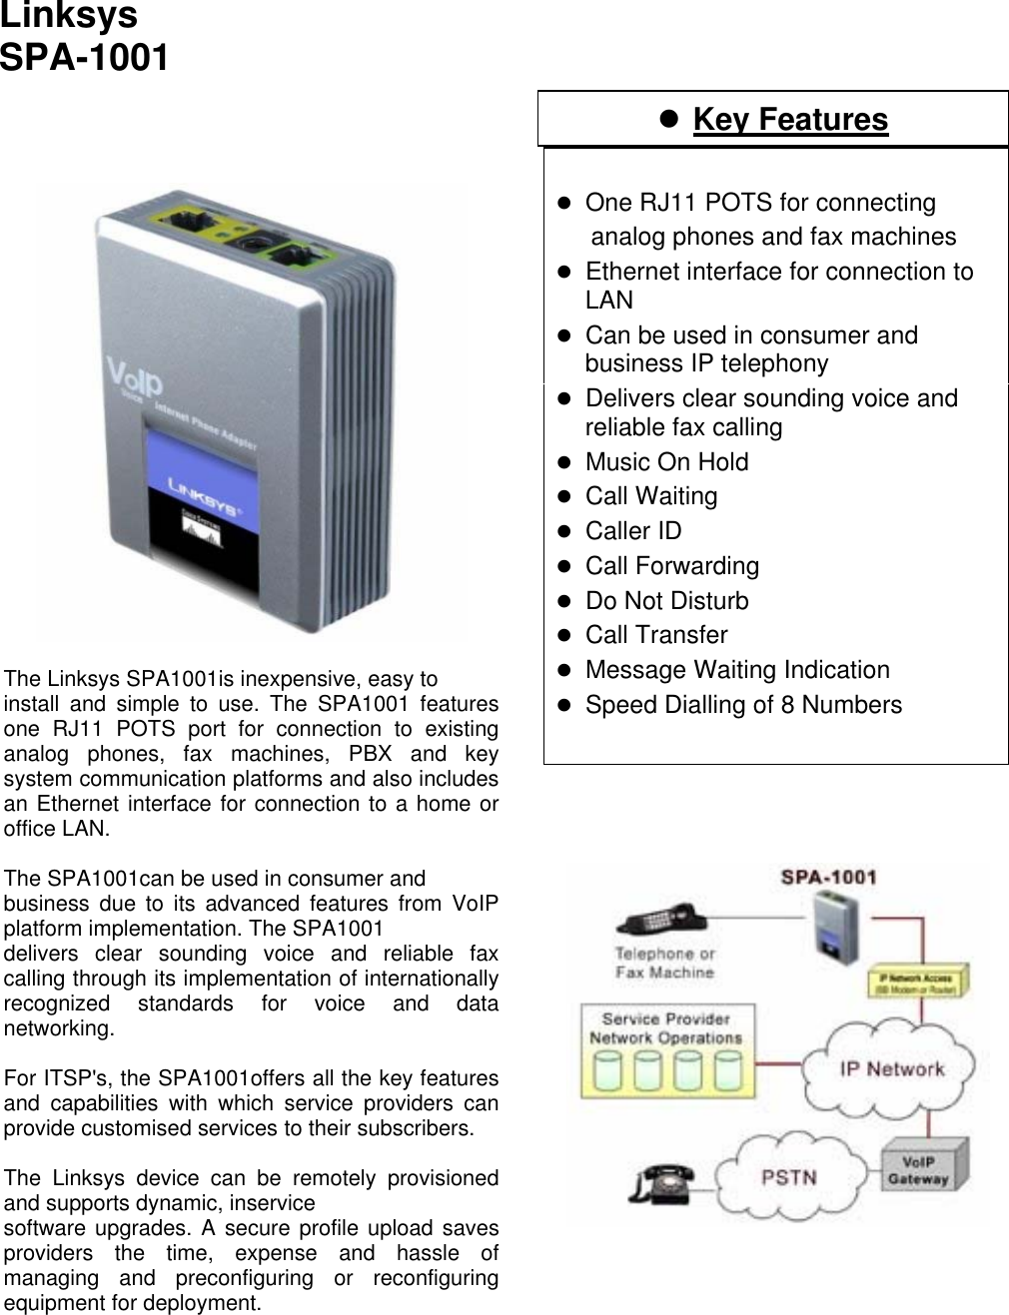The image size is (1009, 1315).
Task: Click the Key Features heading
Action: click(x=789, y=120)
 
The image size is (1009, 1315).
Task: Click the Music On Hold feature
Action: click(x=666, y=462)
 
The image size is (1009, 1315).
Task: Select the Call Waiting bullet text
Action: click(x=650, y=496)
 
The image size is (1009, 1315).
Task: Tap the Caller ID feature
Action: click(x=633, y=531)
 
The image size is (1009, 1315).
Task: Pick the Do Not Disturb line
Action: click(x=666, y=601)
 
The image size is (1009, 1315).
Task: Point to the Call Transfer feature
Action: click(x=656, y=635)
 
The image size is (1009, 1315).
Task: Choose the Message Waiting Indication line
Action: click(x=736, y=670)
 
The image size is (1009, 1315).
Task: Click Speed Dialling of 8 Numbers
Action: click(x=742, y=705)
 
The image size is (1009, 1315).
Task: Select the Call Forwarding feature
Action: click(x=671, y=566)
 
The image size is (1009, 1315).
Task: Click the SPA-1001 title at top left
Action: click(x=85, y=58)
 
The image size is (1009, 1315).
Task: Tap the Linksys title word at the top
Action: click(x=69, y=17)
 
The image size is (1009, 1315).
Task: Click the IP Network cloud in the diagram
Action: click(x=891, y=1069)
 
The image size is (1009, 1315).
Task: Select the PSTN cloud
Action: click(x=788, y=1176)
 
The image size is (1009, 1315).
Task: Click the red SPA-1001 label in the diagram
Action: click(x=828, y=878)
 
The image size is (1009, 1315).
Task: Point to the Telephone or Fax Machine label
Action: click(x=664, y=963)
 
